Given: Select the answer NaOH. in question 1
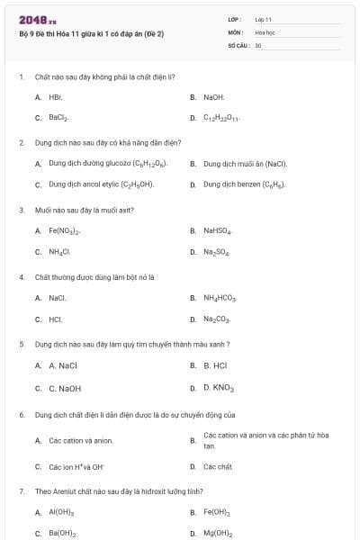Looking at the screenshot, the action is click(214, 96).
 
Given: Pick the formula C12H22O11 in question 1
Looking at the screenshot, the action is click(221, 118).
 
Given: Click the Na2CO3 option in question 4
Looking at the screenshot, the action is click(217, 319).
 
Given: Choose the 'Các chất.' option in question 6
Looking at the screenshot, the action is click(218, 467).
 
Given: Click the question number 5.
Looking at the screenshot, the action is click(21, 344).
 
